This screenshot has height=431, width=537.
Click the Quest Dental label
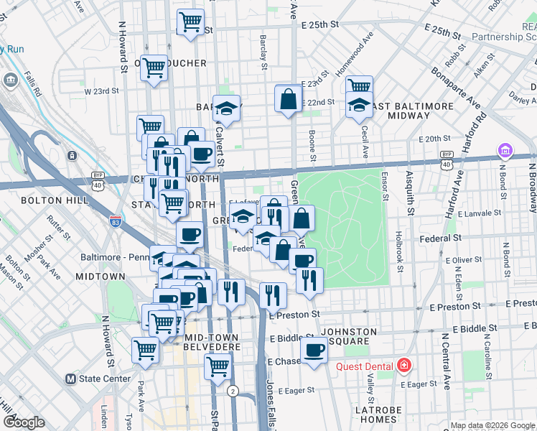[x=365, y=366]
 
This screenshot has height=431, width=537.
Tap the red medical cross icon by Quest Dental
[x=404, y=366]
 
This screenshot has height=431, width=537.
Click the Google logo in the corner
[x=24, y=422]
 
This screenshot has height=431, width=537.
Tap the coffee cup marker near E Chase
[x=314, y=351]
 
